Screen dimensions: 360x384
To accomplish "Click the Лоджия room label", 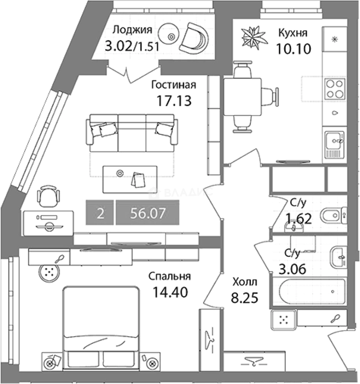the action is [x=132, y=30].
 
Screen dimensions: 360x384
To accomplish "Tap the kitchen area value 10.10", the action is [x=293, y=48].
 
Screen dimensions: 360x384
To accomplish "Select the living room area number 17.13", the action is [x=174, y=101].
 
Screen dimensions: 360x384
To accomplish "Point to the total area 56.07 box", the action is [x=148, y=213].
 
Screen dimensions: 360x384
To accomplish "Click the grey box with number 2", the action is [x=100, y=213].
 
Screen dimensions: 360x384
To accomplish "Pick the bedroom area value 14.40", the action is [x=170, y=292].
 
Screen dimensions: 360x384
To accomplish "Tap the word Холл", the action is [x=245, y=282].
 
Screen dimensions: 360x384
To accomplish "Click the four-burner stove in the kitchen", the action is [x=335, y=89].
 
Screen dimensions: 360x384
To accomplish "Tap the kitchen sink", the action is [x=335, y=145].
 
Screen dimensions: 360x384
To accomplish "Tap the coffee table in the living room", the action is [x=130, y=179].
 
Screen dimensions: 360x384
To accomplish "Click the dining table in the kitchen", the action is [x=242, y=97].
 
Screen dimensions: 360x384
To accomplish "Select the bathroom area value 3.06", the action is [x=292, y=270].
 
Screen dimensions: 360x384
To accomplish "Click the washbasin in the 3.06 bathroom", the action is [x=338, y=257].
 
